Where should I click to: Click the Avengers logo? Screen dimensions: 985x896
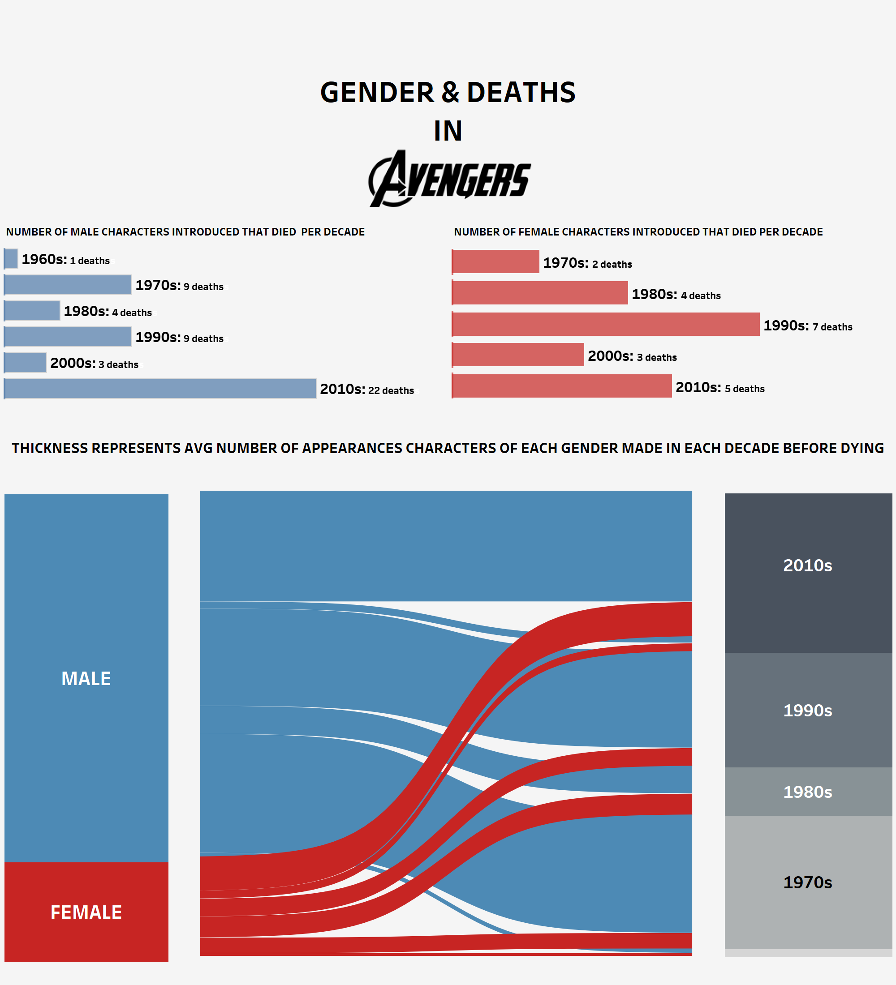tap(449, 179)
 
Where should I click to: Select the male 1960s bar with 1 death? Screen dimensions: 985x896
tap(11, 259)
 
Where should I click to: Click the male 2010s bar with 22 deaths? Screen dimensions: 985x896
tap(160, 389)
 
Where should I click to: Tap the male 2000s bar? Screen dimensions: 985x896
tap(26, 363)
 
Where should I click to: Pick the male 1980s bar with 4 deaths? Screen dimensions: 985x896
tap(32, 311)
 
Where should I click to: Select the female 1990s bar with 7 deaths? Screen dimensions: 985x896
tap(606, 324)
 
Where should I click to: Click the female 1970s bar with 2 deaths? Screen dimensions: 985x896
tap(495, 261)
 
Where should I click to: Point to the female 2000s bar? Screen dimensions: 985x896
tap(518, 355)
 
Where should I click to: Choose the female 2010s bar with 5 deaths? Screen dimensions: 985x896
tap(562, 386)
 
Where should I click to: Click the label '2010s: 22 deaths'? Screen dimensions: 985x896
tap(367, 390)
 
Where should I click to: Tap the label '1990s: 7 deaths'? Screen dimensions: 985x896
tap(808, 326)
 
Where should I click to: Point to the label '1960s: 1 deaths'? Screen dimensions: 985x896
tap(65, 259)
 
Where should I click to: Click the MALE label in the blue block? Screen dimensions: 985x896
tap(86, 678)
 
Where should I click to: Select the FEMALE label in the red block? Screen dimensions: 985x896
tap(86, 912)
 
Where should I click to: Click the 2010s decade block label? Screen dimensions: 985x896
tap(808, 565)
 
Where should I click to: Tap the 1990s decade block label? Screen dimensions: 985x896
tap(808, 711)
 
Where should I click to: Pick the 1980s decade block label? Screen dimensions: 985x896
tap(808, 792)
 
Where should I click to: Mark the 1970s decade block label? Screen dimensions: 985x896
tap(808, 882)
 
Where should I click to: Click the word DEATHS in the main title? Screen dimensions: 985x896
tap(521, 92)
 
